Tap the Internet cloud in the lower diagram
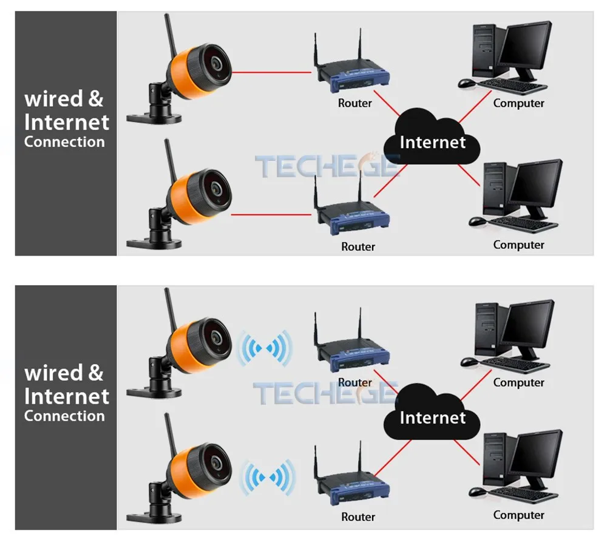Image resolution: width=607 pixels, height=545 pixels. [x=432, y=412]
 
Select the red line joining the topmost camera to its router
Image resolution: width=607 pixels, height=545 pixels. [x=271, y=72]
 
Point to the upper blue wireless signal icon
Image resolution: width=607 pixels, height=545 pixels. [x=265, y=348]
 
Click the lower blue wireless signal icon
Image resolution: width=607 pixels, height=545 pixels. [x=268, y=477]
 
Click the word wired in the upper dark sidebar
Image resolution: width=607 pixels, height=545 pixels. [x=53, y=99]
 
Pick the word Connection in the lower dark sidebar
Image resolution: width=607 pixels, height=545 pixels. [x=64, y=416]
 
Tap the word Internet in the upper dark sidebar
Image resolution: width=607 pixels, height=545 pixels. [x=67, y=123]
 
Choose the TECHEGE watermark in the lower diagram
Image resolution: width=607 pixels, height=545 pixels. [x=325, y=393]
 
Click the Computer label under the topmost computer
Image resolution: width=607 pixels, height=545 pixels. [x=519, y=103]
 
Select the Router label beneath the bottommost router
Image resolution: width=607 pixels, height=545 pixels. [x=358, y=516]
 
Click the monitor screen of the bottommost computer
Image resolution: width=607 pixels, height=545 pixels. [x=537, y=453]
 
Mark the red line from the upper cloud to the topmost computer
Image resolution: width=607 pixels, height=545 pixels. [x=475, y=107]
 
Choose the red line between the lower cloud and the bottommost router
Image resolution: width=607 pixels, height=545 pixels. [x=393, y=458]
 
